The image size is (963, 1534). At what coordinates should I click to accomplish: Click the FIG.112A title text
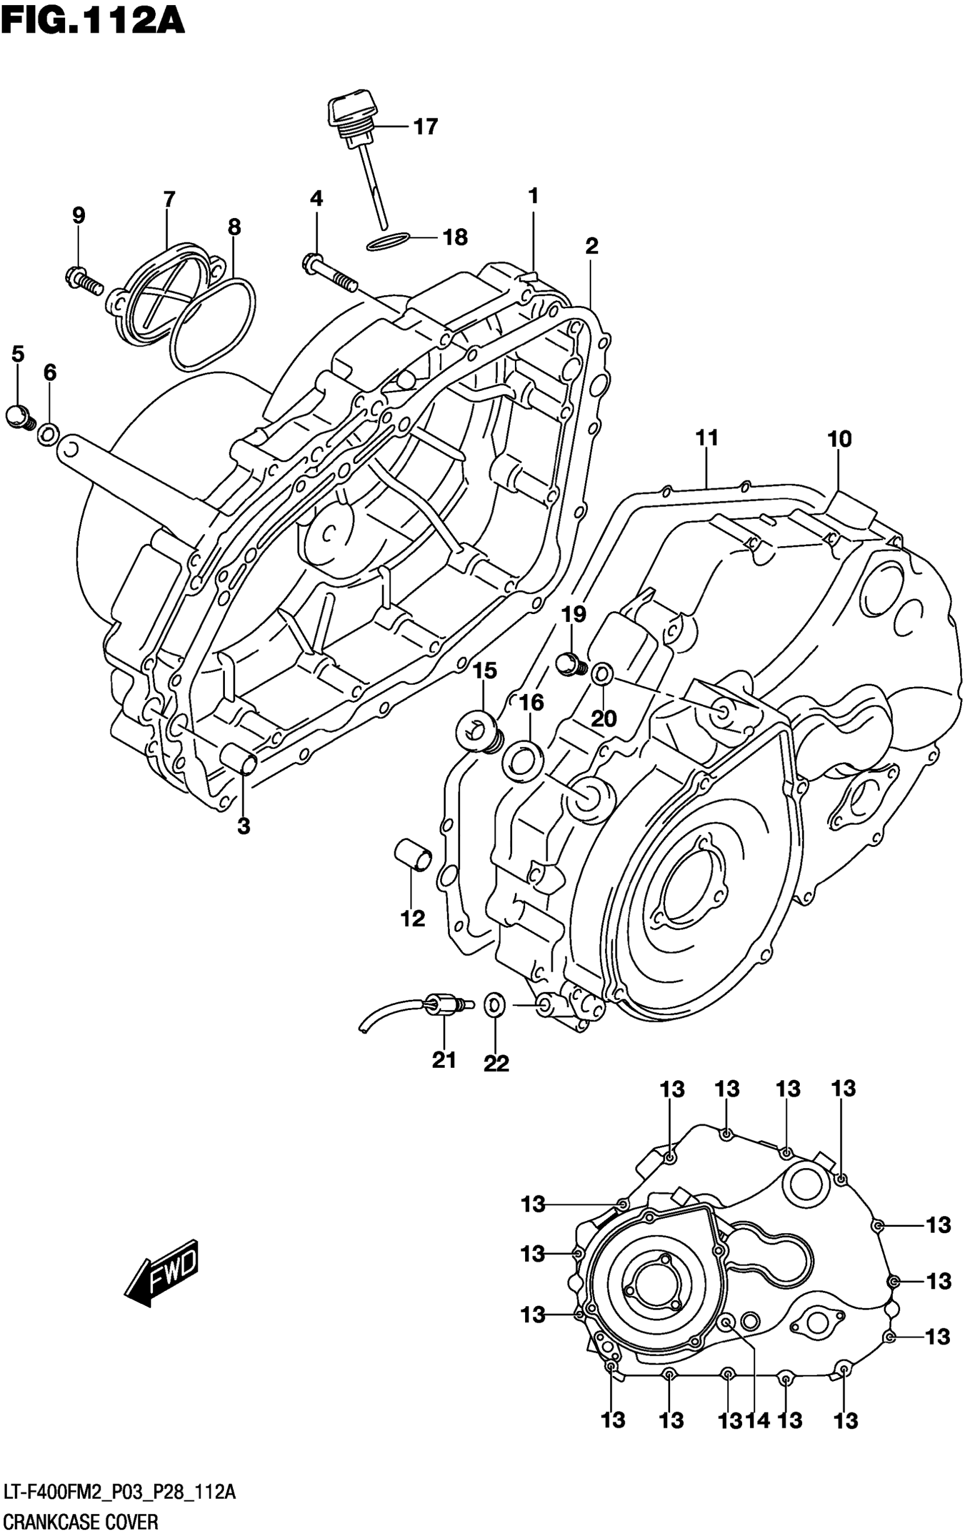pyautogui.click(x=93, y=20)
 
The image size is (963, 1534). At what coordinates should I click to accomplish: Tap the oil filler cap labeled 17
pyautogui.click(x=348, y=113)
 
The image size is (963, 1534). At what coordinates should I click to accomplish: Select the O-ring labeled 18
pyautogui.click(x=388, y=241)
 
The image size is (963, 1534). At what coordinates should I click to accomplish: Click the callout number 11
pyautogui.click(x=707, y=438)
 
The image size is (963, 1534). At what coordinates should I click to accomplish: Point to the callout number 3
pyautogui.click(x=243, y=826)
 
